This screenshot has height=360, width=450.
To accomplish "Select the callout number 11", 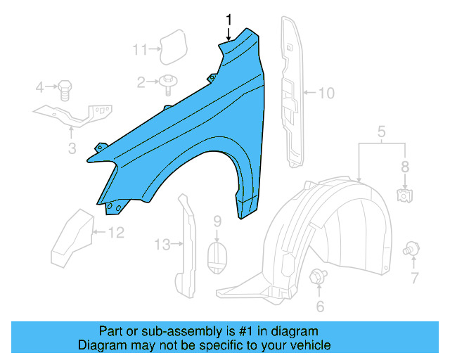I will pos(141,49).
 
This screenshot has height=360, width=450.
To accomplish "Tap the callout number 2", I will pos(141,83).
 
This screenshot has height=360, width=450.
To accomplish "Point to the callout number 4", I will pos(40,87).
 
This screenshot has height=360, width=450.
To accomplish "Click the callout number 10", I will pos(327,92).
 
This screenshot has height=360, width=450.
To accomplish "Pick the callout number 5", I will pos(381,131).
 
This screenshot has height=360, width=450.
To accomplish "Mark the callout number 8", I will pos(404,167).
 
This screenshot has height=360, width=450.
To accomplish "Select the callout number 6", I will pos(320,306).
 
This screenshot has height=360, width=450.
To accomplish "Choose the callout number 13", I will pos(162,245).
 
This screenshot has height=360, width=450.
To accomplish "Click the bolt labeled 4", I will pos(65,89).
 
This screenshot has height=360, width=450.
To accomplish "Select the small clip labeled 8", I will pos(404,195).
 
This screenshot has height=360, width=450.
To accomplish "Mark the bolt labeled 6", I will pos(317,276).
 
